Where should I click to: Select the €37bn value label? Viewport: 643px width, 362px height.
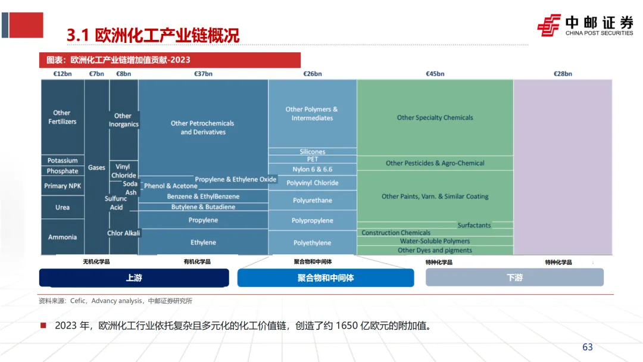point(203,74)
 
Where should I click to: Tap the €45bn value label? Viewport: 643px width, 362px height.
point(435,74)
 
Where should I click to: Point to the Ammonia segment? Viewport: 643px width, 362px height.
point(63,237)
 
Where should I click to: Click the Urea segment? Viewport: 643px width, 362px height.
point(63,207)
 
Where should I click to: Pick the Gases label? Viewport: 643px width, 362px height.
point(96,168)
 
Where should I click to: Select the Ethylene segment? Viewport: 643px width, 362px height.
point(203,242)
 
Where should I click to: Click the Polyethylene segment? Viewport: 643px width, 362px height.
point(312,243)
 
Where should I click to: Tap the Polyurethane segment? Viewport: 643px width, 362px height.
point(312,201)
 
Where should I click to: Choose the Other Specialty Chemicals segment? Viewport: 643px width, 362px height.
point(435,118)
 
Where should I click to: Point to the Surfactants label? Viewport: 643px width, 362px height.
point(474,225)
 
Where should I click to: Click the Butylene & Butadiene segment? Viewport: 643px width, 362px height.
point(203,207)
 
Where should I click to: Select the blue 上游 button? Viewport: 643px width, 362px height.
point(134,277)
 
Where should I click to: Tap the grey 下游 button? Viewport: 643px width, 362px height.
point(514,277)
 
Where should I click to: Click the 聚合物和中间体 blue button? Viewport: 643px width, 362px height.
point(326,277)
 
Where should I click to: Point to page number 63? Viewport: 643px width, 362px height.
point(587,347)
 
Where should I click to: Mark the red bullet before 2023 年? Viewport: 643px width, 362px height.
point(43,326)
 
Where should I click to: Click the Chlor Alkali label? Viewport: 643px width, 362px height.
point(123,233)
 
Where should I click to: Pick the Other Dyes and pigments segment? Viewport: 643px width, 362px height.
point(435,251)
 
